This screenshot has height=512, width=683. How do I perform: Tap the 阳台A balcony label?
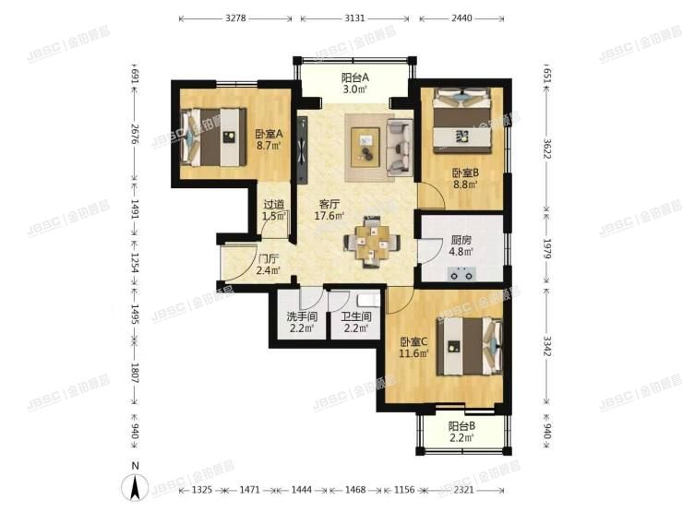coord(355,77)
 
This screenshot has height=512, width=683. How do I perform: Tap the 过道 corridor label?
coord(272,205)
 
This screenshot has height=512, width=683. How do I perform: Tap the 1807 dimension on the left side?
coord(135,376)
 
